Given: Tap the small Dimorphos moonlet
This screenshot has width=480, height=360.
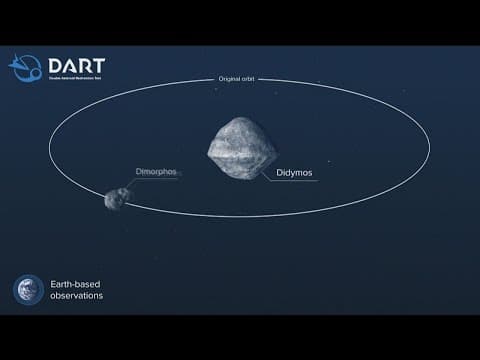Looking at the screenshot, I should pyautogui.click(x=118, y=198).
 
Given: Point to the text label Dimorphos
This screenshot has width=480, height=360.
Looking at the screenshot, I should pyautogui.click(x=156, y=172).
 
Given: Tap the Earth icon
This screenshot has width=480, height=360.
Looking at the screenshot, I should pyautogui.click(x=28, y=289).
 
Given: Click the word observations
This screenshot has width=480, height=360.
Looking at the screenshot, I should pyautogui.click(x=76, y=296).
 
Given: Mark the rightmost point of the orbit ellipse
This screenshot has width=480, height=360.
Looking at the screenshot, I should pyautogui.click(x=430, y=149).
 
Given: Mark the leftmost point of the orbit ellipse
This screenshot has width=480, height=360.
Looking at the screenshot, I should pyautogui.click(x=50, y=149).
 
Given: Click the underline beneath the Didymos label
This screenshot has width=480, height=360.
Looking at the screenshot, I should pyautogui.click(x=290, y=181).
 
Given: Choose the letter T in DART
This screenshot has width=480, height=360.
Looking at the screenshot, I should pyautogui.click(x=100, y=67).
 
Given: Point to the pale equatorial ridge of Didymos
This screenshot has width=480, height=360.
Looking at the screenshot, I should pyautogui.click(x=242, y=153).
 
